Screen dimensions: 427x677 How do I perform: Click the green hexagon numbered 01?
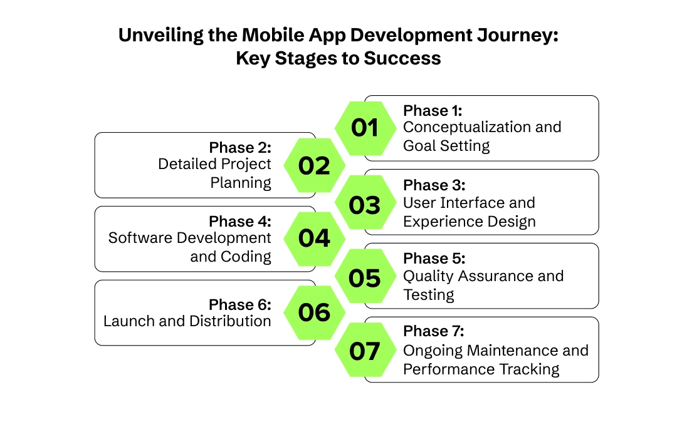[365, 128]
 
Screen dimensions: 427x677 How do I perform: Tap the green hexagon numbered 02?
[314, 166]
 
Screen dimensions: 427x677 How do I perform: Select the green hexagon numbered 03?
[365, 205]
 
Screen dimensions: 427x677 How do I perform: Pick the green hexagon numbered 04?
[314, 239]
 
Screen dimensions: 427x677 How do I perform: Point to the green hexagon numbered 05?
[365, 277]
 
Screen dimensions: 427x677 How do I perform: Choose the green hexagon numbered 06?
[314, 312]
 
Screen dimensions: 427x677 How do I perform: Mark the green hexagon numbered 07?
[365, 351]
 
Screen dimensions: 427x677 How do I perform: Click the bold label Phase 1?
[433, 111]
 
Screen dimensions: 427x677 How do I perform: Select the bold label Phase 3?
[433, 185]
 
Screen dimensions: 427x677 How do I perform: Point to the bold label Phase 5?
[433, 259]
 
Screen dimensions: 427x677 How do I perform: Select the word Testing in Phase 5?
[428, 294]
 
